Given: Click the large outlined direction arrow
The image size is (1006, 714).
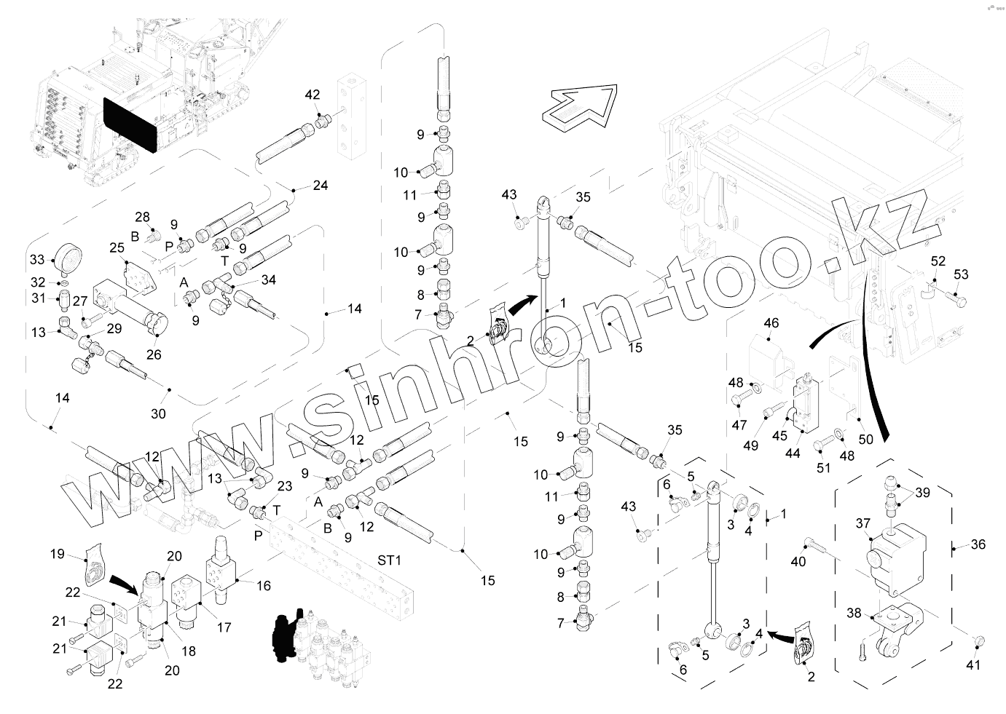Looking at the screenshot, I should tap(580, 107).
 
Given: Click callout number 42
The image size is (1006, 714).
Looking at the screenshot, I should tap(313, 95).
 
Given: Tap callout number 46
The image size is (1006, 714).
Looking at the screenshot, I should tap(771, 322).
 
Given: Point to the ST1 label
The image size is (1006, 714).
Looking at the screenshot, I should tap(390, 560).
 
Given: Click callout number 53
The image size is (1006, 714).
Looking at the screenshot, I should tap(962, 274).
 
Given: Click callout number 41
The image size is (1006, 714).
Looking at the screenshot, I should tap(974, 665).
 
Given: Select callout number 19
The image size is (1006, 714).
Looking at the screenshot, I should tap(58, 554).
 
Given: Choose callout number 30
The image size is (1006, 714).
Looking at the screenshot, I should tap(158, 413).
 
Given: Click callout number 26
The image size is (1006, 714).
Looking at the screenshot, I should tap(154, 354).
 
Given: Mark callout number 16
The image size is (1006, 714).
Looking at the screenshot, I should tap(263, 585).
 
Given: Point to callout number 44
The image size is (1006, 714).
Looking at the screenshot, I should tap(793, 453).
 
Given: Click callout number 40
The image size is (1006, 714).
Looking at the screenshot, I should tap(798, 561).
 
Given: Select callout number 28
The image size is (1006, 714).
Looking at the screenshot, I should tap(142, 217).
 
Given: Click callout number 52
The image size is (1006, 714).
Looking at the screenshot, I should tap(938, 261).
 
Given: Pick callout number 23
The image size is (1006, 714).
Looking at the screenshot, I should tap(285, 486).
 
